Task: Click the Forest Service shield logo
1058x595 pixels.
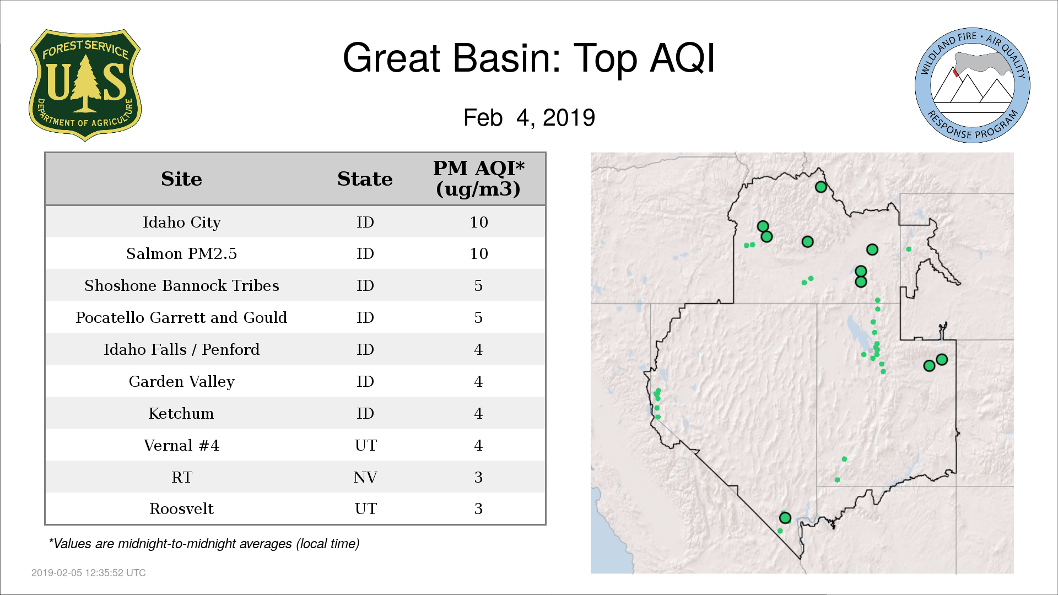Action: pyautogui.click(x=85, y=85)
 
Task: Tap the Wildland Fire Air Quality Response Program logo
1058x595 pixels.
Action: pyautogui.click(x=972, y=85)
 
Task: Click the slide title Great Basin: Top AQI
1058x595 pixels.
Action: pyautogui.click(x=528, y=58)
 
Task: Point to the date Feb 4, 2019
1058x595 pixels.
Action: pyautogui.click(x=529, y=117)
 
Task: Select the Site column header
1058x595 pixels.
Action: pyautogui.click(x=181, y=179)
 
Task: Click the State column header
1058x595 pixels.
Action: pyautogui.click(x=365, y=179)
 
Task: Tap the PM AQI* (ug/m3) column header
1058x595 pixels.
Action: pyautogui.click(x=478, y=178)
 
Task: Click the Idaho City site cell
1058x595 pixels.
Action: pyautogui.click(x=181, y=222)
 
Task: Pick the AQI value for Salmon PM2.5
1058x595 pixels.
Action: pyautogui.click(x=479, y=253)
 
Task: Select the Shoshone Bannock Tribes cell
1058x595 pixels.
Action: pyautogui.click(x=181, y=285)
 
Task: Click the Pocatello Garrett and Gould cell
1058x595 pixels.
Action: pyautogui.click(x=181, y=317)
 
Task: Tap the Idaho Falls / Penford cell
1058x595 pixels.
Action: pyautogui.click(x=181, y=349)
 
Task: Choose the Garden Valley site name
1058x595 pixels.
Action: pyautogui.click(x=181, y=381)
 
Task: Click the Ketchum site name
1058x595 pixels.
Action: pyautogui.click(x=181, y=413)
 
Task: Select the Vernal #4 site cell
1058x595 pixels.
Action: pyautogui.click(x=181, y=445)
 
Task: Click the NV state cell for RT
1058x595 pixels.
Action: pyautogui.click(x=365, y=477)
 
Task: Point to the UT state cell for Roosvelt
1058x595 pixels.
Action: pyautogui.click(x=365, y=509)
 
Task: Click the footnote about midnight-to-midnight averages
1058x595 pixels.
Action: pyautogui.click(x=204, y=544)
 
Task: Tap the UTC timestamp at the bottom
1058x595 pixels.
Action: pyautogui.click(x=89, y=573)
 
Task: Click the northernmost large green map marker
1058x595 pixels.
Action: pyautogui.click(x=821, y=187)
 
